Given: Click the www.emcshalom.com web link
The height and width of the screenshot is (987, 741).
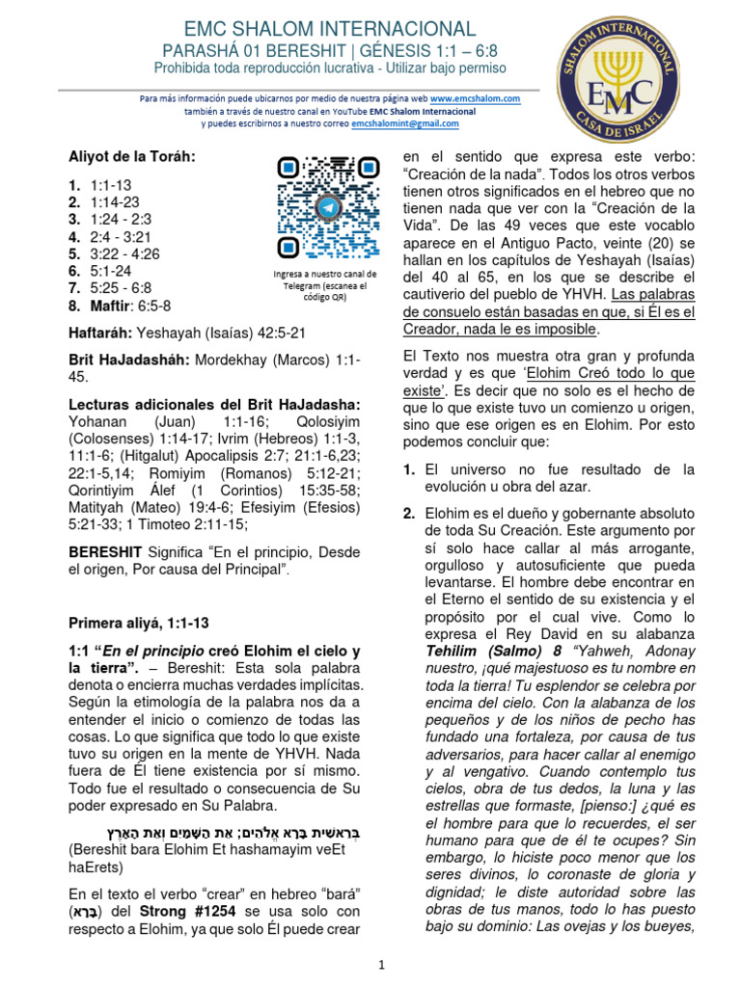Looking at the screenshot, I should (476, 98).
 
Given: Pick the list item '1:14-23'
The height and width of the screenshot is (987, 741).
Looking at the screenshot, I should (114, 201).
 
